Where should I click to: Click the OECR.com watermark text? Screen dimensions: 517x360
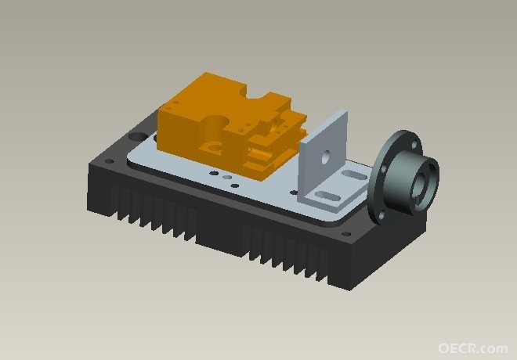coord(473,348)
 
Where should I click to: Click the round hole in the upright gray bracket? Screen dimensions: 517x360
coord(326,157)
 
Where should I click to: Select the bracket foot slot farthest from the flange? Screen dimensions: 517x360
coord(327,196)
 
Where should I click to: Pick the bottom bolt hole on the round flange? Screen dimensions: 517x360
coord(382,215)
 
